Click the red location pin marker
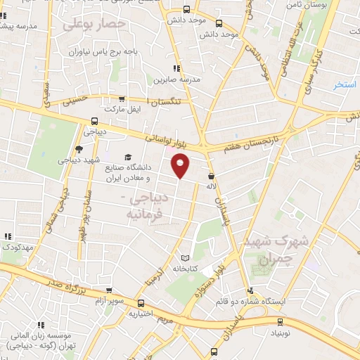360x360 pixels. pos(181,166)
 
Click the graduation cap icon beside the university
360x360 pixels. pos(127,157)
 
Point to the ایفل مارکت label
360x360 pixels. pos(123,110)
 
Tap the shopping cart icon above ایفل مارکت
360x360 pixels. pos(123,99)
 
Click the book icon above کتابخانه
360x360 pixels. pos(186,258)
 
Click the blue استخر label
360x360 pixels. pos(345,84)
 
